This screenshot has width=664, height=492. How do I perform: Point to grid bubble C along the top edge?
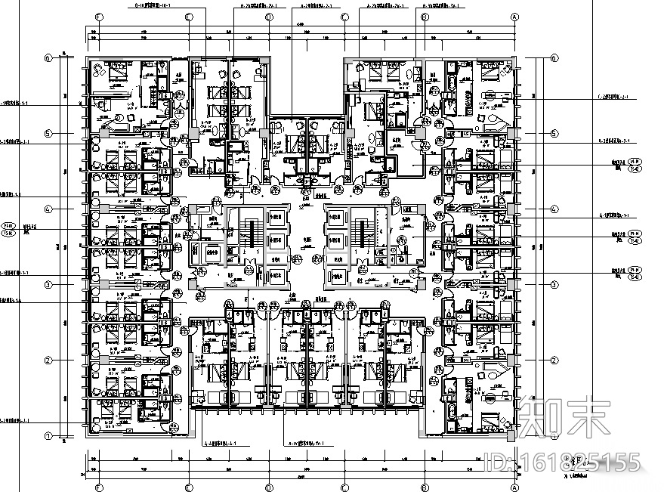coord(344,16)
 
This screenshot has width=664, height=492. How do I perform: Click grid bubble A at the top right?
coord(515,16)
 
